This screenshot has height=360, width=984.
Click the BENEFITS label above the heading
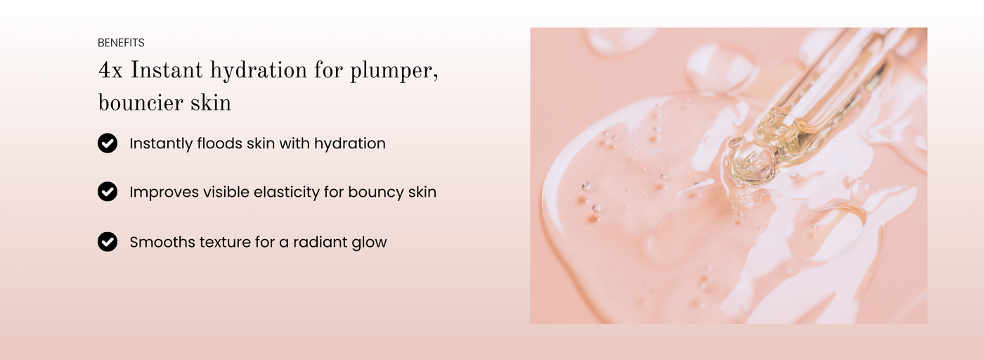coord(121,43)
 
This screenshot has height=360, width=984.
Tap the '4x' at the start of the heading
coord(110,71)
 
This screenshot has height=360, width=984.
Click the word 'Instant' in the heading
coord(167,70)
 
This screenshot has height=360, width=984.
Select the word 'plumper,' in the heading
coord(394,72)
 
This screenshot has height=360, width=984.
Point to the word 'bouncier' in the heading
coord(140,103)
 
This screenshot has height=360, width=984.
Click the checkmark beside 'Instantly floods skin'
coord(108,143)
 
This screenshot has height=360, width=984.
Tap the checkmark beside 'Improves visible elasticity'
coord(108,192)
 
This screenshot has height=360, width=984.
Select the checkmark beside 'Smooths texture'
coord(108,242)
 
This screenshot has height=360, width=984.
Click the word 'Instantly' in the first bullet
coord(161,143)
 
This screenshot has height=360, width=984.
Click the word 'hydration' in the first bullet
coord(350,143)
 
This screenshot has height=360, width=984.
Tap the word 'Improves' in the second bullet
coord(164,193)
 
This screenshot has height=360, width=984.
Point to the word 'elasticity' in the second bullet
coord(287,193)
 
